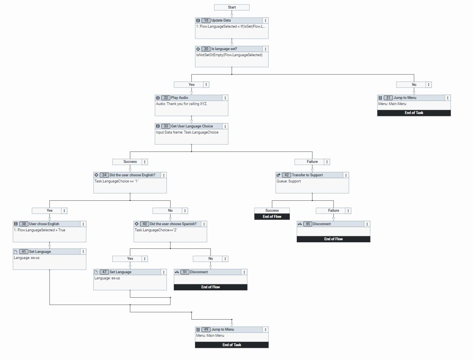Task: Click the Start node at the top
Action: point(232,7)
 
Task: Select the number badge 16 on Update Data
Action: point(206,20)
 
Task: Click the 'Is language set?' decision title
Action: point(224,49)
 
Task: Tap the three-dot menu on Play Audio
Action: point(225,98)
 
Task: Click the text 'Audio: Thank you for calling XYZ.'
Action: point(182,104)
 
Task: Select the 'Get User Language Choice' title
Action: point(191,126)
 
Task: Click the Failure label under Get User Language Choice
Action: point(312,162)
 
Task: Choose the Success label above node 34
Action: point(130,162)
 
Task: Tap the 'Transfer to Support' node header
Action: point(307,175)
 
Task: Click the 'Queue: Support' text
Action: point(289,181)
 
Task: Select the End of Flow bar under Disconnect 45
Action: point(333,239)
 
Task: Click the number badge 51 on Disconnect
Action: point(184,272)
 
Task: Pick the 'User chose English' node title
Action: point(44,224)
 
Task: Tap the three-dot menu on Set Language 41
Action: point(83,252)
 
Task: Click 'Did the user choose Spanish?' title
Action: point(173,224)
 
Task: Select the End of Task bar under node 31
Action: point(414,113)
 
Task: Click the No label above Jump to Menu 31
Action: point(414,85)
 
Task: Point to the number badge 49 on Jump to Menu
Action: point(206,329)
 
